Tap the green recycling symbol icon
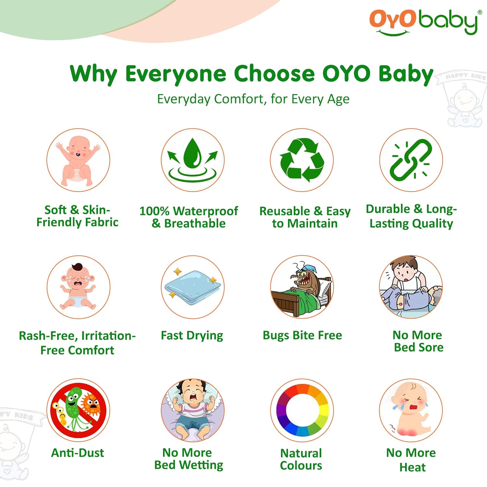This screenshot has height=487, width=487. (x=302, y=160)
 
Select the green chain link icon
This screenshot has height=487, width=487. (x=411, y=160)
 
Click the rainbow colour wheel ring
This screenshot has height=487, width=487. (x=302, y=410)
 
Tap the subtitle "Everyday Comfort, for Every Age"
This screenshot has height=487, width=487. (x=253, y=99)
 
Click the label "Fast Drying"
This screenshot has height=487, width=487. (x=192, y=335)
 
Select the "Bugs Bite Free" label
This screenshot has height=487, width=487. (x=302, y=335)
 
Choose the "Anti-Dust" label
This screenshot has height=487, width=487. (x=78, y=453)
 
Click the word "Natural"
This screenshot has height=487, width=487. (x=301, y=453)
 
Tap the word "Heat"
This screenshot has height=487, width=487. (x=412, y=467)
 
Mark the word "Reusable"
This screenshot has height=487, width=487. (x=284, y=211)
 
